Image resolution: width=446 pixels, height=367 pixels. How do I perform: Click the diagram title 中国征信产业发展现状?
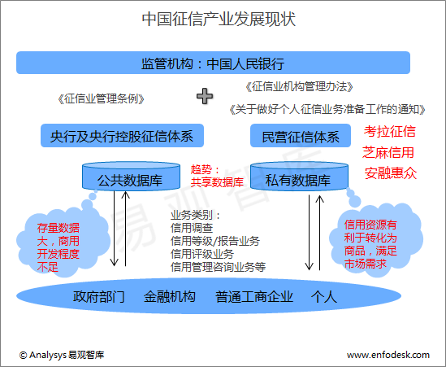(x=219, y=19)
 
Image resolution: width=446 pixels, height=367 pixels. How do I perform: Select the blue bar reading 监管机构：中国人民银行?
(x=213, y=63)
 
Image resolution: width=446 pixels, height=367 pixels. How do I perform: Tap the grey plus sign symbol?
(x=205, y=96)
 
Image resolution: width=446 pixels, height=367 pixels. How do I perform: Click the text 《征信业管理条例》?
(x=101, y=99)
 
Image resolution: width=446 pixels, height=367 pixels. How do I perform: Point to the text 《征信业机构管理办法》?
(x=299, y=86)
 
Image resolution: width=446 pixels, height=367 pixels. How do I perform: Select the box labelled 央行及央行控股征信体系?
(x=122, y=136)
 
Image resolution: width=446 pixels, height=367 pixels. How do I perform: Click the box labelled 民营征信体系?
(x=301, y=136)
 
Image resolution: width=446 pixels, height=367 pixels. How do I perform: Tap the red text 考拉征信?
(x=390, y=131)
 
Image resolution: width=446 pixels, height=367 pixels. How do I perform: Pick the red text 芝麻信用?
(x=388, y=152)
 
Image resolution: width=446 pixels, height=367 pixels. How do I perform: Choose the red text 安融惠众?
(x=391, y=173)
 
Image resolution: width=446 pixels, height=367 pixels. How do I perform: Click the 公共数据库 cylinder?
(x=131, y=176)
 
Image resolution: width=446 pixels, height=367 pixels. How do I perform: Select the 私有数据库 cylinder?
(x=299, y=176)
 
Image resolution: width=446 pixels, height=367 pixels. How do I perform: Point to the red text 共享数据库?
(x=217, y=182)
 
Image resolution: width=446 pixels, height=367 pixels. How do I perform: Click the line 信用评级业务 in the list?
(x=202, y=254)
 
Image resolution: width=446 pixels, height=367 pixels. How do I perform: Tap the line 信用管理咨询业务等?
(x=219, y=267)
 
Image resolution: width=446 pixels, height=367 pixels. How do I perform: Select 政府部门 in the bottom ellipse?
(x=98, y=297)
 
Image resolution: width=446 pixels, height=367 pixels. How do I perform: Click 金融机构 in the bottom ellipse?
(x=170, y=297)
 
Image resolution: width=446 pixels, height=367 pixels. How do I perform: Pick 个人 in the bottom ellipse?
(x=324, y=297)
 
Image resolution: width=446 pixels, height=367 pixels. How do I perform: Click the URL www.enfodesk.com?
(x=388, y=355)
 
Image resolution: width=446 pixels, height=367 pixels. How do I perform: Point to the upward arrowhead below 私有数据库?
(x=320, y=199)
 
